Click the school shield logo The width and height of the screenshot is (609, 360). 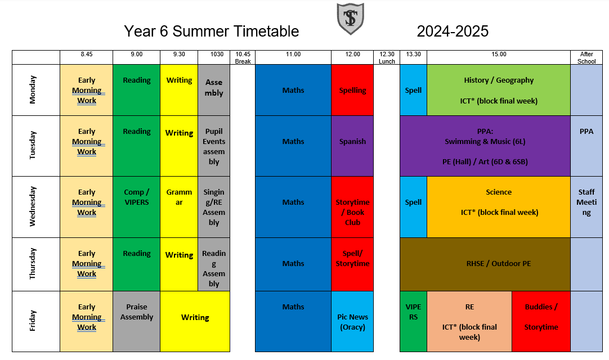click(350, 18)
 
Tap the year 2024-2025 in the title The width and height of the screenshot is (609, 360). click(453, 31)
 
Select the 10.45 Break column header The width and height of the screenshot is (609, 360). click(243, 57)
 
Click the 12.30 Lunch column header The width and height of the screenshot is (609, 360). click(387, 57)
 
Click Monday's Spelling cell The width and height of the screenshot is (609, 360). click(352, 90)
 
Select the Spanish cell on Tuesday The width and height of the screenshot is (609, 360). click(352, 146)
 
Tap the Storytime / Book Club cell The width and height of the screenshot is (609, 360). click(352, 207)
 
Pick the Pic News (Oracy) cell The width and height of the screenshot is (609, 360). click(352, 322)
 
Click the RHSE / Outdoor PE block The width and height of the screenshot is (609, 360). click(485, 264)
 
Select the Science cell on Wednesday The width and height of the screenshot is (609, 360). click(499, 207)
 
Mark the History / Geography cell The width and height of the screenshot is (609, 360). click(499, 90)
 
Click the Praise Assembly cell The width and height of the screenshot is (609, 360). click(136, 322)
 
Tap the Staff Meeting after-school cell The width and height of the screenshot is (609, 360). click(586, 207)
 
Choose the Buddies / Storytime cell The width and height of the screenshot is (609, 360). click(541, 322)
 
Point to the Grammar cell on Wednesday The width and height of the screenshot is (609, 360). click(179, 207)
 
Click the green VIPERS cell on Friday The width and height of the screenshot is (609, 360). click(413, 322)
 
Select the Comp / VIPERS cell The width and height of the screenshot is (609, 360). click(136, 207)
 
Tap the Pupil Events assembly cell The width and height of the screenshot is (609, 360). click(214, 146)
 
